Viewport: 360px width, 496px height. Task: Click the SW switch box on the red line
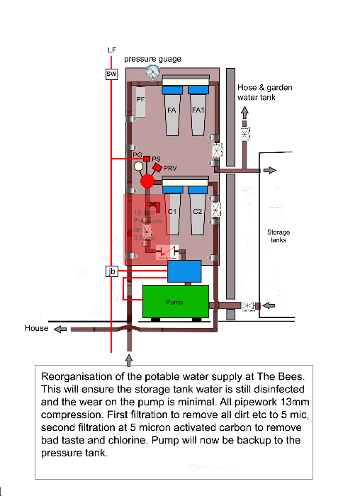(111, 74)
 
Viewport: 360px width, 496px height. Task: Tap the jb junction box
(111, 271)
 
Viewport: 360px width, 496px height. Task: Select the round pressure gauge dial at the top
(152, 72)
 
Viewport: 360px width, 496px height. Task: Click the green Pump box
(176, 301)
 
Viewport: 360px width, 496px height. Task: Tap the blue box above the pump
(180, 271)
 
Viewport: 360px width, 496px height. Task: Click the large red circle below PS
(147, 181)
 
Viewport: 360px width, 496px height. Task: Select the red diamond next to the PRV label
(158, 167)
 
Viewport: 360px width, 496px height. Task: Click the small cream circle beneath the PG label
(139, 167)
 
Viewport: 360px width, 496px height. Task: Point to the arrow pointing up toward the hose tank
(245, 113)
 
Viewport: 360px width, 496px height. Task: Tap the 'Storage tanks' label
(278, 236)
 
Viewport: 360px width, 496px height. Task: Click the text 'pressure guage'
(153, 59)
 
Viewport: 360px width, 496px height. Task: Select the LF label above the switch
(111, 50)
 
